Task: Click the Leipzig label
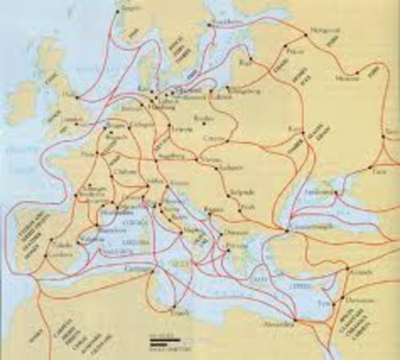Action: tap(180, 133)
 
